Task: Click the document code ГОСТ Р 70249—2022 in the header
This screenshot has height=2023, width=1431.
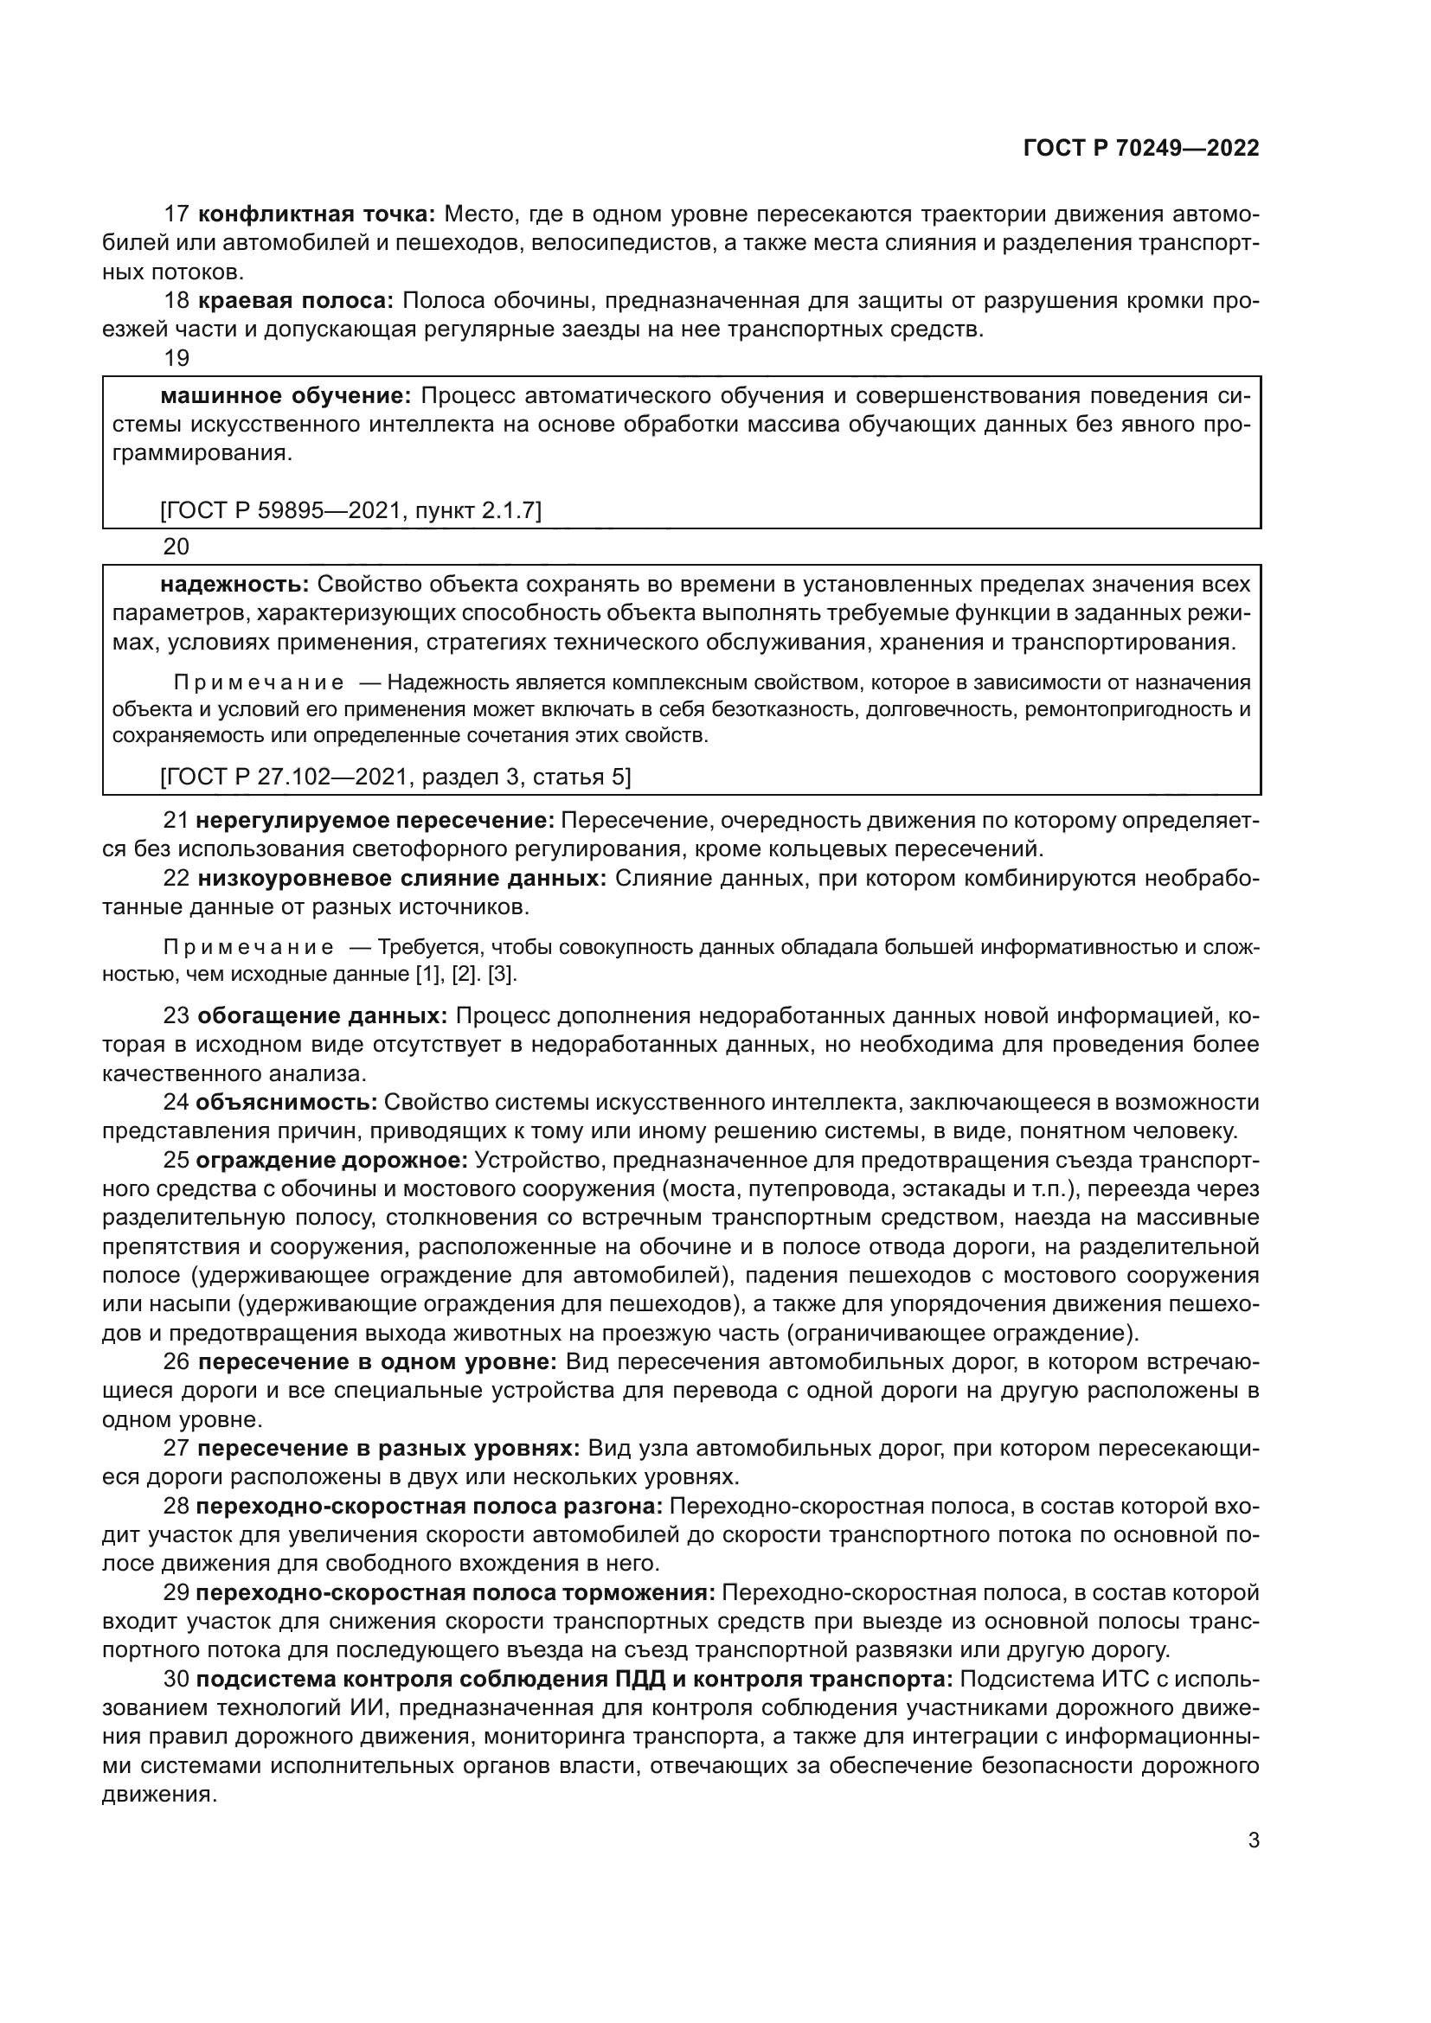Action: [x=1141, y=148]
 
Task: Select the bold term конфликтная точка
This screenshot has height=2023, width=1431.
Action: [x=318, y=214]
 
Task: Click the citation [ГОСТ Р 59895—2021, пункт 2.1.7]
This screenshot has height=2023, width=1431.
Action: [x=350, y=509]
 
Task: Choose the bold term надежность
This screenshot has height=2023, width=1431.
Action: [x=234, y=584]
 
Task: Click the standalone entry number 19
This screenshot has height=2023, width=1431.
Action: [x=176, y=358]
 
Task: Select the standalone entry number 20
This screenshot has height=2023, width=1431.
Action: [x=176, y=547]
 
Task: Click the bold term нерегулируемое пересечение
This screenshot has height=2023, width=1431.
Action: [x=375, y=820]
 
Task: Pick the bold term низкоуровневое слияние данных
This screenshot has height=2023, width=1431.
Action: [x=401, y=879]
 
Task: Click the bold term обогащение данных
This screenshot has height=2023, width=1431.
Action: [x=323, y=1016]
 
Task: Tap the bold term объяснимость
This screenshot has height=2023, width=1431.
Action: [x=286, y=1102]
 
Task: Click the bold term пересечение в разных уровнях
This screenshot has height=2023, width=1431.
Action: [x=388, y=1449]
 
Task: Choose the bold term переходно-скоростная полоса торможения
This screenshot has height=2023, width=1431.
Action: [x=455, y=1593]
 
